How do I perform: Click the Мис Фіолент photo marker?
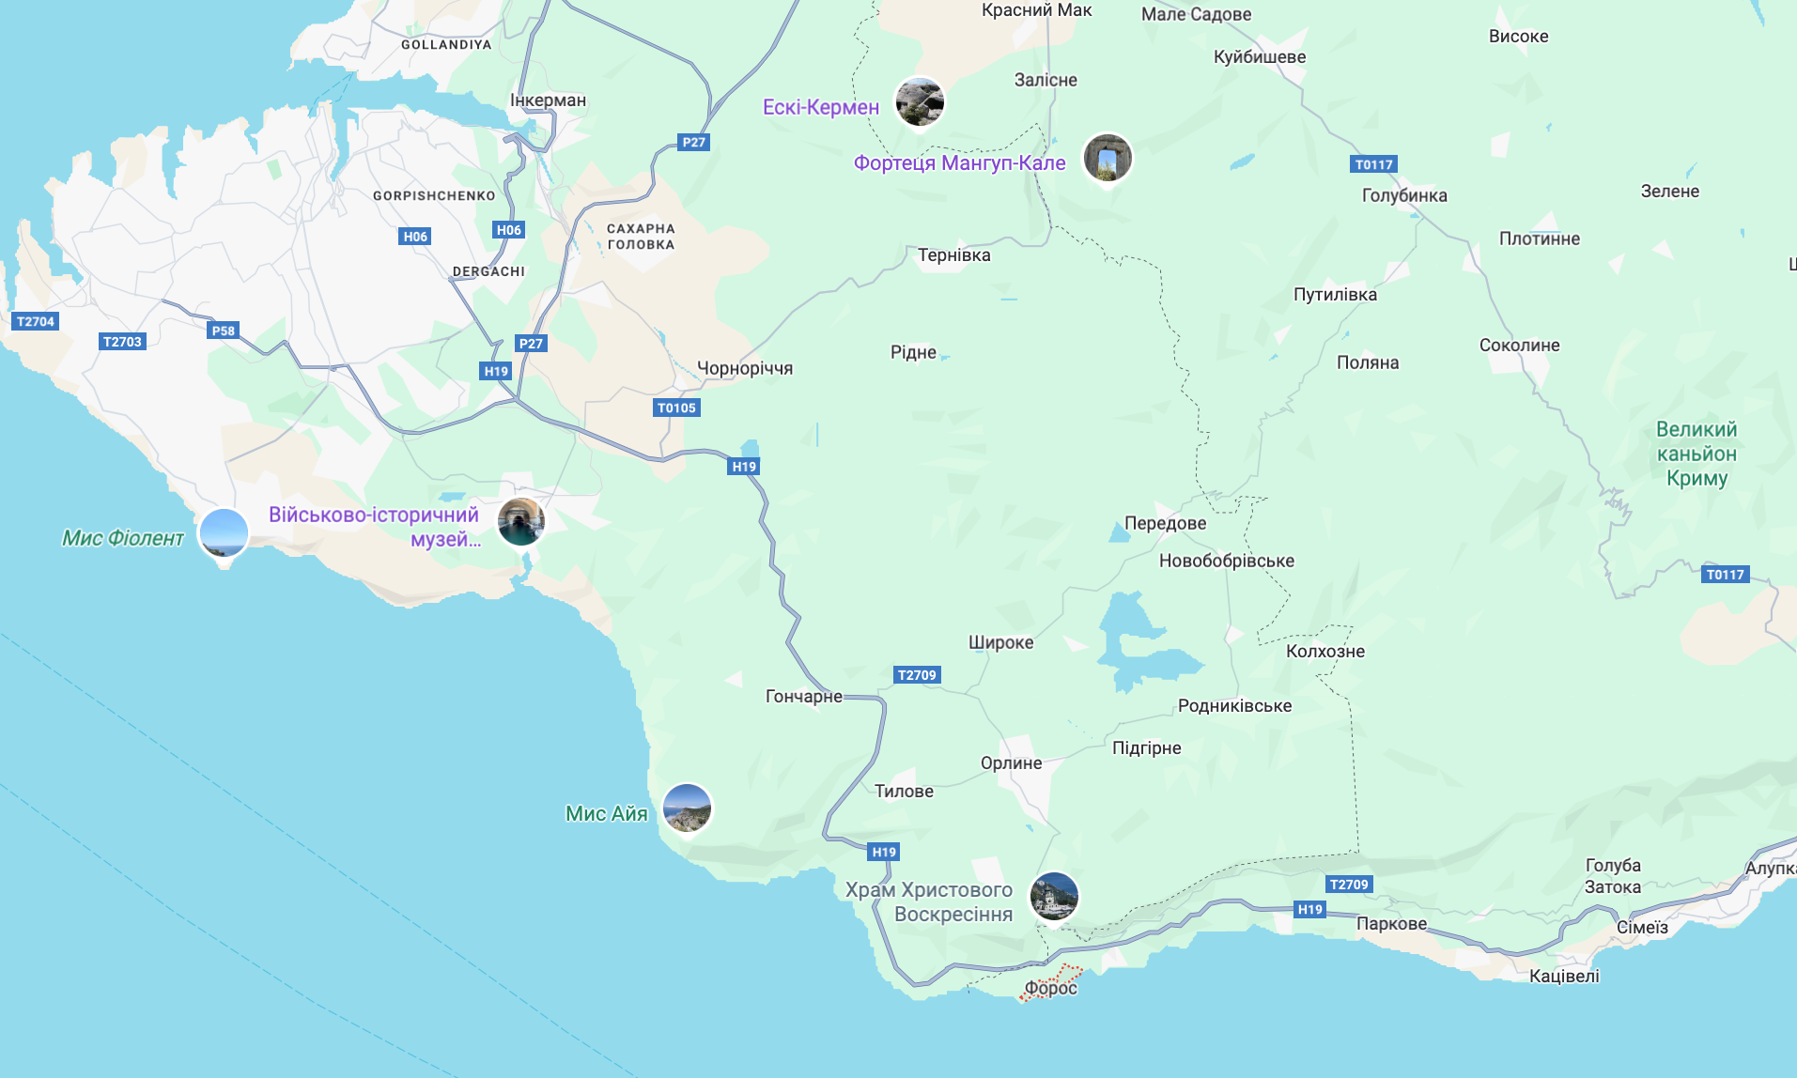224,532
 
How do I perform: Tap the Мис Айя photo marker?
687,808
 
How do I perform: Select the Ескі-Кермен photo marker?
919,101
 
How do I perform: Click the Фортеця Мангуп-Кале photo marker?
1108,158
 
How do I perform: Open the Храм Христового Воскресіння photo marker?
1053,896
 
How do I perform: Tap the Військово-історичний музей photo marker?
520,521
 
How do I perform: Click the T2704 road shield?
36,321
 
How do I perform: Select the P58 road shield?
224,331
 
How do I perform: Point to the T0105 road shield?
676,408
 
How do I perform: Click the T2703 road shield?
122,342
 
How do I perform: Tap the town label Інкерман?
548,100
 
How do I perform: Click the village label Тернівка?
953,255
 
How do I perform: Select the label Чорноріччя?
745,368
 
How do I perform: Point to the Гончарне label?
803,696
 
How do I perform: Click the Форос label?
1050,988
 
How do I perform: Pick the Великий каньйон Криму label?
1696,454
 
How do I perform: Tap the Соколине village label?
1519,345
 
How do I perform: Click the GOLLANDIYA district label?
446,44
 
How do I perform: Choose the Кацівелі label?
1564,976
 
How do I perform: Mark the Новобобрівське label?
1226,561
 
